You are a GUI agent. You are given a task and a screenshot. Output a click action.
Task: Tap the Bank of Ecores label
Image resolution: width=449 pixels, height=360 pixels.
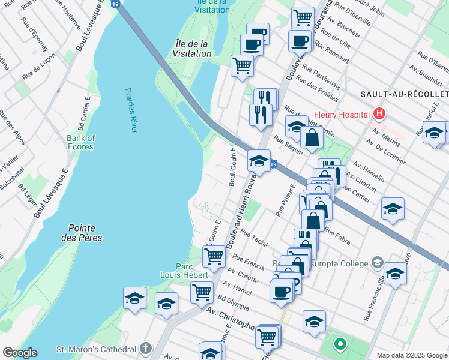pos(80,142)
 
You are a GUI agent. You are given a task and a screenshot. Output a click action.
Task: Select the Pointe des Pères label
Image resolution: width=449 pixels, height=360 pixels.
pos(85,233)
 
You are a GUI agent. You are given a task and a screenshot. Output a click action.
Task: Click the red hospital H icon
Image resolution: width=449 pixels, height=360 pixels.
pos(379,113)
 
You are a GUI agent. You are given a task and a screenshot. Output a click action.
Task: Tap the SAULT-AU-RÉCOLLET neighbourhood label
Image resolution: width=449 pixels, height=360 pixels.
pos(405,95)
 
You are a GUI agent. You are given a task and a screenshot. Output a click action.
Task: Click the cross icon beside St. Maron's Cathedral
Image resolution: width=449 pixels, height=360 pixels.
pos(145,349)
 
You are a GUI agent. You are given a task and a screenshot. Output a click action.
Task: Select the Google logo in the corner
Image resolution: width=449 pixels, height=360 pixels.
pos(20,353)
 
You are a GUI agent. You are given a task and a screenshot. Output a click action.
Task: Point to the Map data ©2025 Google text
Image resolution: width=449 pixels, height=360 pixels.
pos(411,355)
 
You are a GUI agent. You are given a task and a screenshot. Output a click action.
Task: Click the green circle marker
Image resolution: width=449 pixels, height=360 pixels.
pos(340,344)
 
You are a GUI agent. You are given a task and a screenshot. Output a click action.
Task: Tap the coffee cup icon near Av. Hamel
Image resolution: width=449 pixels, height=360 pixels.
pos(280,291)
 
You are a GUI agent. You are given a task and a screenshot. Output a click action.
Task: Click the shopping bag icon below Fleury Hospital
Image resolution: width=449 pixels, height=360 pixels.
pos(312,137)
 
